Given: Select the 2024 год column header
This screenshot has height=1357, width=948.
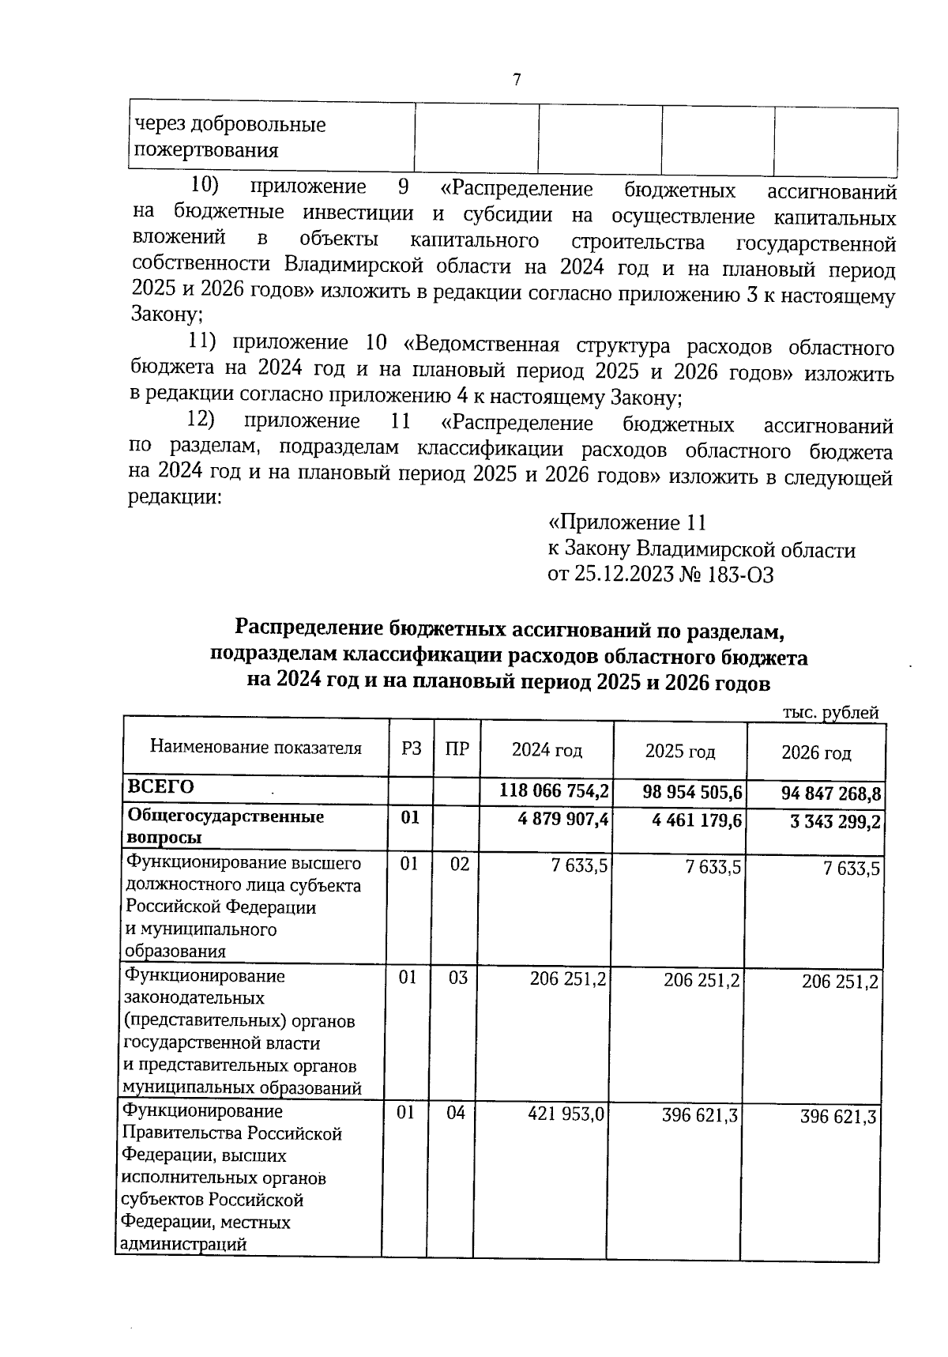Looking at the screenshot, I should [547, 749].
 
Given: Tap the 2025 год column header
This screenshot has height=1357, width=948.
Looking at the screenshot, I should [680, 751].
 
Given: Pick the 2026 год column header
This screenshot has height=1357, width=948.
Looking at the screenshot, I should [816, 752].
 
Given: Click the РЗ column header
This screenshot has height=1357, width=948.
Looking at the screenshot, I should [411, 748].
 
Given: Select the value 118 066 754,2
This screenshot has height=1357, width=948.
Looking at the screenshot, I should [555, 790].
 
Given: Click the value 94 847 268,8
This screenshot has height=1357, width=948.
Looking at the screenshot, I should [826, 793].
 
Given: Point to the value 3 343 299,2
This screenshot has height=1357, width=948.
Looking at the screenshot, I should [835, 823].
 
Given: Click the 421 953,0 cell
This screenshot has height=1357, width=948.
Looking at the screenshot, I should [566, 1114].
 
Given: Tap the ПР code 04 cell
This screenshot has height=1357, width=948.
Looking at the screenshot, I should [456, 1114].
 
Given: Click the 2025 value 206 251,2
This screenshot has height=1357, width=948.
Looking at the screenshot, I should [702, 980].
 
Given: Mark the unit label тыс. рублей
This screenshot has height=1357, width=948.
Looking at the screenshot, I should [830, 713].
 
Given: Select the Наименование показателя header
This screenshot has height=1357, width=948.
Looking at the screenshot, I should [256, 748].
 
